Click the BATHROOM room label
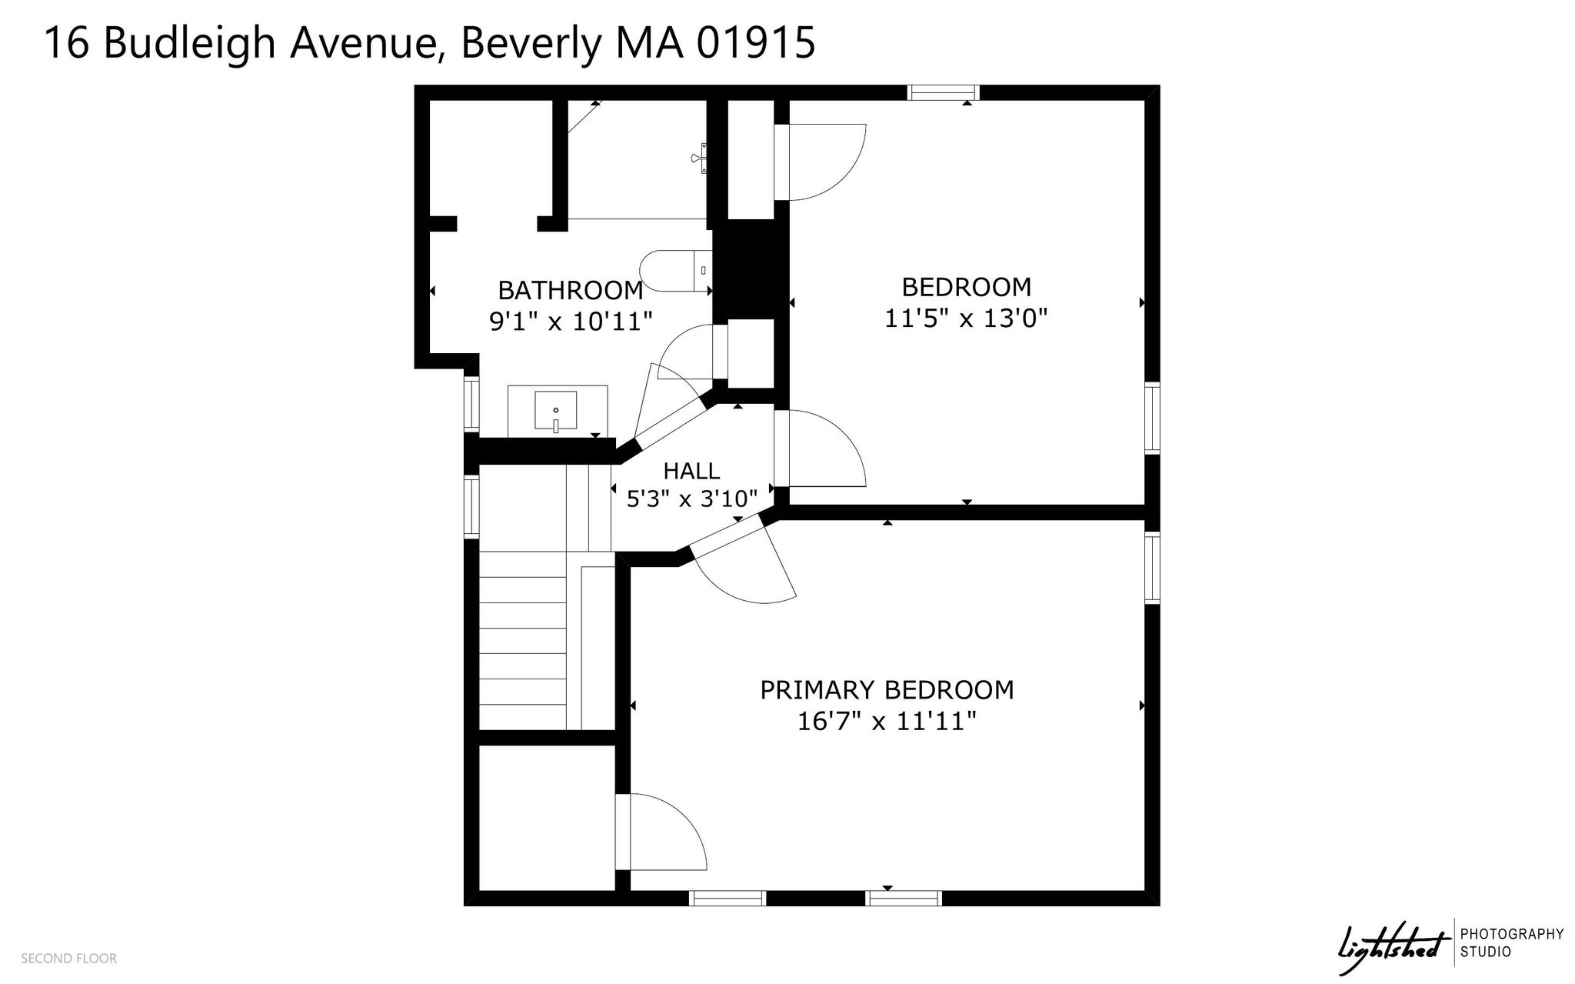click(x=571, y=290)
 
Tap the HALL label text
click(x=691, y=470)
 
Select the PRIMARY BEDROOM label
click(x=887, y=689)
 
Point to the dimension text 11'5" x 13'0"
click(x=966, y=318)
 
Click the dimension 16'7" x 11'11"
click(x=887, y=721)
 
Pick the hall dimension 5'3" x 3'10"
click(x=692, y=499)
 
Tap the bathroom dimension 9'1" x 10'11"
click(x=571, y=320)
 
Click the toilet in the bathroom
click(x=677, y=271)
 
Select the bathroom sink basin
click(x=555, y=411)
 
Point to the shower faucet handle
click(x=699, y=159)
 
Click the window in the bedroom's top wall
click(x=943, y=93)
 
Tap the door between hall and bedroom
click(x=820, y=449)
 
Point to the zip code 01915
click(x=755, y=42)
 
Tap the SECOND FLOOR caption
click(x=69, y=959)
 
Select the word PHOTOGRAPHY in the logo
click(x=1512, y=934)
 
